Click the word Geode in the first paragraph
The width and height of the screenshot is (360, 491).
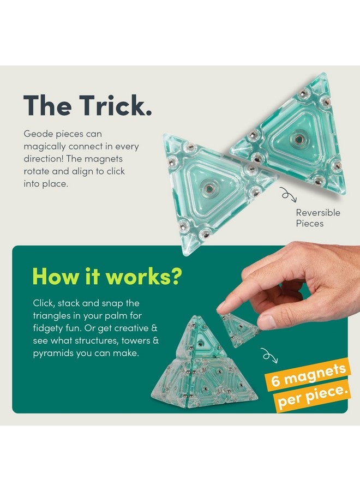click(x=38, y=134)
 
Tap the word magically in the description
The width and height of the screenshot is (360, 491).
click(x=45, y=146)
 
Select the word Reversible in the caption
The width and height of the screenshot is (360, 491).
click(x=318, y=212)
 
